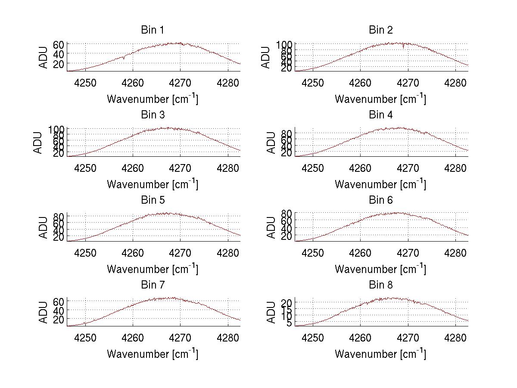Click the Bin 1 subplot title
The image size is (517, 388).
(x=153, y=30)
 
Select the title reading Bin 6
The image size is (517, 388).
(x=381, y=200)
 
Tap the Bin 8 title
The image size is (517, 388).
(x=381, y=285)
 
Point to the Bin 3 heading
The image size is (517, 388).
(x=153, y=115)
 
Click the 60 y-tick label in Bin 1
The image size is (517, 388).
(x=59, y=44)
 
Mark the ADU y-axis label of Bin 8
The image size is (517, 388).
(x=271, y=312)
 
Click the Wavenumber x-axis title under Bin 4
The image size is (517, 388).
(x=380, y=184)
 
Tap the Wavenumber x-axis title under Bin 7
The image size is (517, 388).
(x=153, y=354)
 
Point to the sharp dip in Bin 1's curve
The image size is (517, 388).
(x=124, y=58)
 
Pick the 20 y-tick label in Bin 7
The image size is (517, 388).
(x=59, y=319)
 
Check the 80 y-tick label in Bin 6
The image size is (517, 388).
(x=287, y=213)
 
